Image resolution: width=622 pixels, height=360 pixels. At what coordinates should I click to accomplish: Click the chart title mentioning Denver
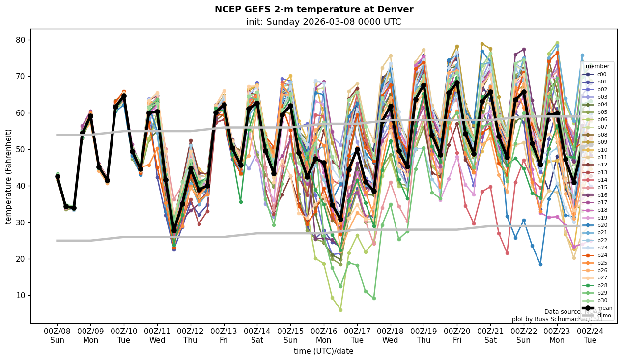pos(314,9)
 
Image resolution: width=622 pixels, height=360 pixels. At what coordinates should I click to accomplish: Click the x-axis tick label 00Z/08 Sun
pos(57,335)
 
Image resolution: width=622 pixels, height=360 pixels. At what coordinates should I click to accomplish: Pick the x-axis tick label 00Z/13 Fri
pos(224,335)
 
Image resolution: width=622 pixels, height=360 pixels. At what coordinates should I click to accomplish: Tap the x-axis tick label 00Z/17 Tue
pos(357,335)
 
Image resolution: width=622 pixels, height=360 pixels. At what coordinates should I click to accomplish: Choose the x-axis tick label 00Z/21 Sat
pos(490,335)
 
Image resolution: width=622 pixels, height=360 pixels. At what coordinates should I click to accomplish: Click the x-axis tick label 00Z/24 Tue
pos(590,335)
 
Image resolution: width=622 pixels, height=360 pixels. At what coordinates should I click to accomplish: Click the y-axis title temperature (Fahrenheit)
pos(9,176)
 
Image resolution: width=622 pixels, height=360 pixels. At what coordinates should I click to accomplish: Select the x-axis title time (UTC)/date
pos(323,351)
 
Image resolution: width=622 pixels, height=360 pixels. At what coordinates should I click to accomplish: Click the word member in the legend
pos(597,66)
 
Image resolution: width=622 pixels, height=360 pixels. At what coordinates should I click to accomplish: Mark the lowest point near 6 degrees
pos(340,310)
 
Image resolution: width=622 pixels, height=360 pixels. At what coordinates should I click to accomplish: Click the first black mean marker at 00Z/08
pos(57,176)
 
